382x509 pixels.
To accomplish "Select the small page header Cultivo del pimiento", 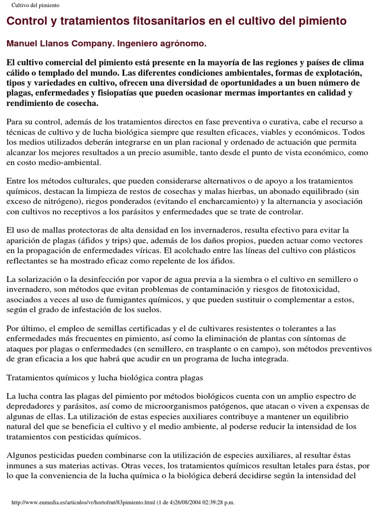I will tap(35, 5).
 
